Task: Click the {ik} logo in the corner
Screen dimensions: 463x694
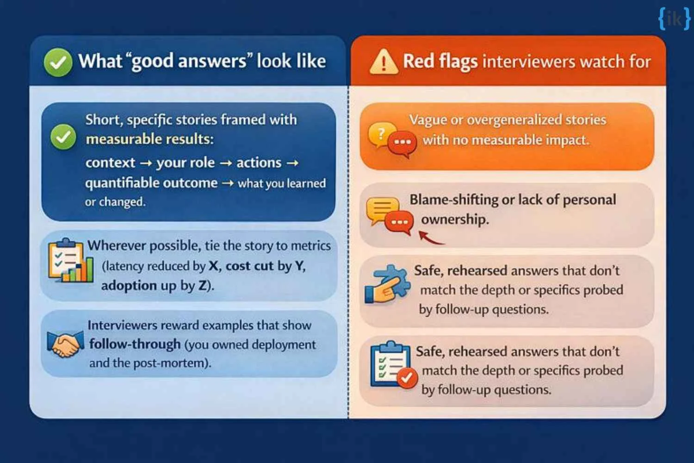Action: pos(674,19)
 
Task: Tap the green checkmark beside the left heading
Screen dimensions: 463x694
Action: pos(58,62)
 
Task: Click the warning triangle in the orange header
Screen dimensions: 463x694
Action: pos(383,63)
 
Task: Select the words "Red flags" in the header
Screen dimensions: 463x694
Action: pos(440,62)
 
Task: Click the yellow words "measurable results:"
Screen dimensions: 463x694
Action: pos(149,139)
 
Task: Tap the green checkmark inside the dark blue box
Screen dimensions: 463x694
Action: pos(63,137)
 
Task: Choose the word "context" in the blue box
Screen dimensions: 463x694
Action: pos(110,163)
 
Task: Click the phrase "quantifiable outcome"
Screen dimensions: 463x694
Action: pos(151,183)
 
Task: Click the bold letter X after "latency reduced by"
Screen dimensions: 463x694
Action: pos(213,266)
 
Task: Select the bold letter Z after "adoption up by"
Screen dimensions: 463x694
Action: pos(203,286)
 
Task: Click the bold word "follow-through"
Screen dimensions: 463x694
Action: pos(135,344)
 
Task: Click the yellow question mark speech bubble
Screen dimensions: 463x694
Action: pos(381,134)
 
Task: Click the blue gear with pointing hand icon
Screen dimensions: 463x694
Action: pos(387,284)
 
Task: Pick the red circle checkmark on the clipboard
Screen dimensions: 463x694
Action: pos(407,378)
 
